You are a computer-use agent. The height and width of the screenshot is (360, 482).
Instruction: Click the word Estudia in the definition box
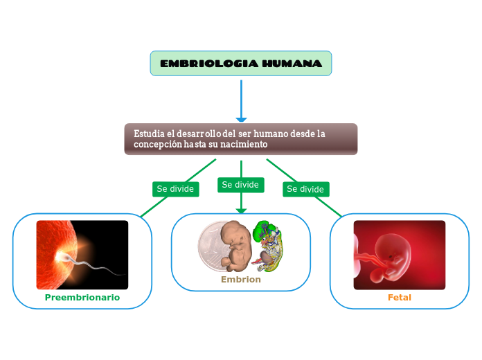coord(149,134)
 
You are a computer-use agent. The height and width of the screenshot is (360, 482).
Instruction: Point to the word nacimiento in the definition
coord(244,144)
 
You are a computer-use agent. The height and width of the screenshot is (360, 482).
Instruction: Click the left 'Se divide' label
coord(176,189)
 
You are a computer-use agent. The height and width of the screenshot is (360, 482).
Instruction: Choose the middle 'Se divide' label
coord(240,185)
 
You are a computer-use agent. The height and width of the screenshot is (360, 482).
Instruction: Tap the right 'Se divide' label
coord(305,189)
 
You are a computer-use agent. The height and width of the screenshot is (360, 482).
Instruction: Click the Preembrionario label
coord(82,297)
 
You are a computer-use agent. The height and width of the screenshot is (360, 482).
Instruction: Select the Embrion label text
coord(241,280)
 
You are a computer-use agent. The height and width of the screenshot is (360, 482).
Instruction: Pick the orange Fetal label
coord(400,297)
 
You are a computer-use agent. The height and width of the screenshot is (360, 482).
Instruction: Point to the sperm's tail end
coord(121,271)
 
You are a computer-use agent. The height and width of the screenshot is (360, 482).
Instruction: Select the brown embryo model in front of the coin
coord(237,246)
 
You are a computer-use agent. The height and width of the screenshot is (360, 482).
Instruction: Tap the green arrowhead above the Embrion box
coord(241,210)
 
